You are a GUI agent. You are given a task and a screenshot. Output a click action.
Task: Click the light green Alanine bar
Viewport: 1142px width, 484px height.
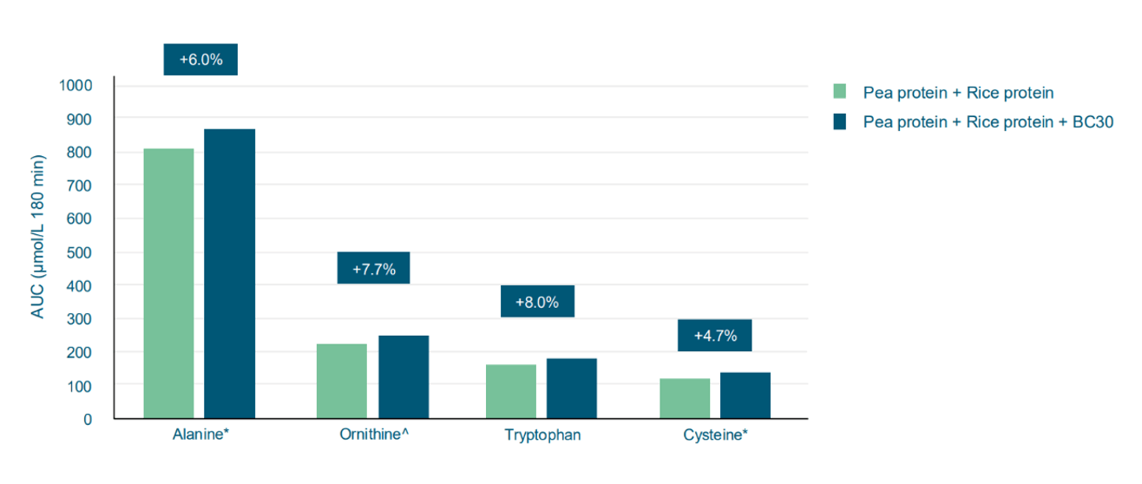168,284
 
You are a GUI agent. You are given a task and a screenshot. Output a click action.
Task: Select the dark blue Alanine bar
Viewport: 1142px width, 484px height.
229,274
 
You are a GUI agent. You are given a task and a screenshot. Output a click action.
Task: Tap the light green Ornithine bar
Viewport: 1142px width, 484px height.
341,382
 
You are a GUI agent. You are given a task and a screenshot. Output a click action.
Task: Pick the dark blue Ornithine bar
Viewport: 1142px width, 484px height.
403,377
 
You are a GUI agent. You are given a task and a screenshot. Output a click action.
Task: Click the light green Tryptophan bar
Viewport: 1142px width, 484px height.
510,391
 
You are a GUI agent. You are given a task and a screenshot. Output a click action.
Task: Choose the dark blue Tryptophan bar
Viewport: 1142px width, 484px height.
571,389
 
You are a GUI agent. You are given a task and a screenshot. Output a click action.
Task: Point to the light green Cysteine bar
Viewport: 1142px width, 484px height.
685,399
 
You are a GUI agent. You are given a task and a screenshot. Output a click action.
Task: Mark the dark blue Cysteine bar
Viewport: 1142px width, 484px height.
745,396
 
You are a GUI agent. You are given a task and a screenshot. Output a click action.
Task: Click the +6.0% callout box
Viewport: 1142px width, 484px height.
200,60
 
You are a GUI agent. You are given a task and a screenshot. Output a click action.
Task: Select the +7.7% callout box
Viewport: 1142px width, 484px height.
373,269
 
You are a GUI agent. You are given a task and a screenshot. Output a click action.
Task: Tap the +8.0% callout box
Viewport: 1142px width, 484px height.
537,302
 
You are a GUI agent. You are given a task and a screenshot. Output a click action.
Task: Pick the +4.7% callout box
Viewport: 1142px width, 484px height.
714,336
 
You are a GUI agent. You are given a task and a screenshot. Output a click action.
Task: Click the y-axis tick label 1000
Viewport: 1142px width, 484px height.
75,86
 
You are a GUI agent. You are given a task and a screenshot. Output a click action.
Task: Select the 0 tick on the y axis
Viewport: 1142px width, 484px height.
88,419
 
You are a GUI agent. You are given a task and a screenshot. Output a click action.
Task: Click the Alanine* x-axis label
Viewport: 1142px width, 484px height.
200,435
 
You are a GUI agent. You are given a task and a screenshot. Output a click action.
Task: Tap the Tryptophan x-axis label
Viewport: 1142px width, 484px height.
542,435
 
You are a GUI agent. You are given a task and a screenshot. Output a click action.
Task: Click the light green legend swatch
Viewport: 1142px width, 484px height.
839,92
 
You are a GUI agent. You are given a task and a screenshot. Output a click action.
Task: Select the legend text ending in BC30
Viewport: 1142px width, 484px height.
988,122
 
